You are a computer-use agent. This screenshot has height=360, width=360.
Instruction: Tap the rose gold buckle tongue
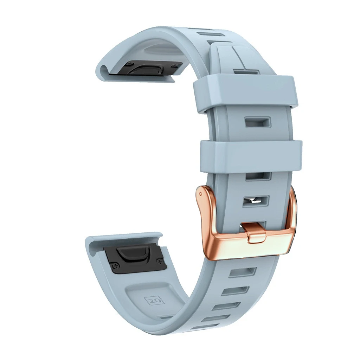coord(256,233)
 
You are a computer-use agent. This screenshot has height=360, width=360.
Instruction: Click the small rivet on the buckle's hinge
coord(200,193)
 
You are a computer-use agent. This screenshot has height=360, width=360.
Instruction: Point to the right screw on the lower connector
coord(160,262)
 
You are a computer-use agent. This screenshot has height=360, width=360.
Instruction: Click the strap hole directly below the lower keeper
coord(257,176)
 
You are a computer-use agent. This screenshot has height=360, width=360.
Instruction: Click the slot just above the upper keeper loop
coord(246,72)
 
